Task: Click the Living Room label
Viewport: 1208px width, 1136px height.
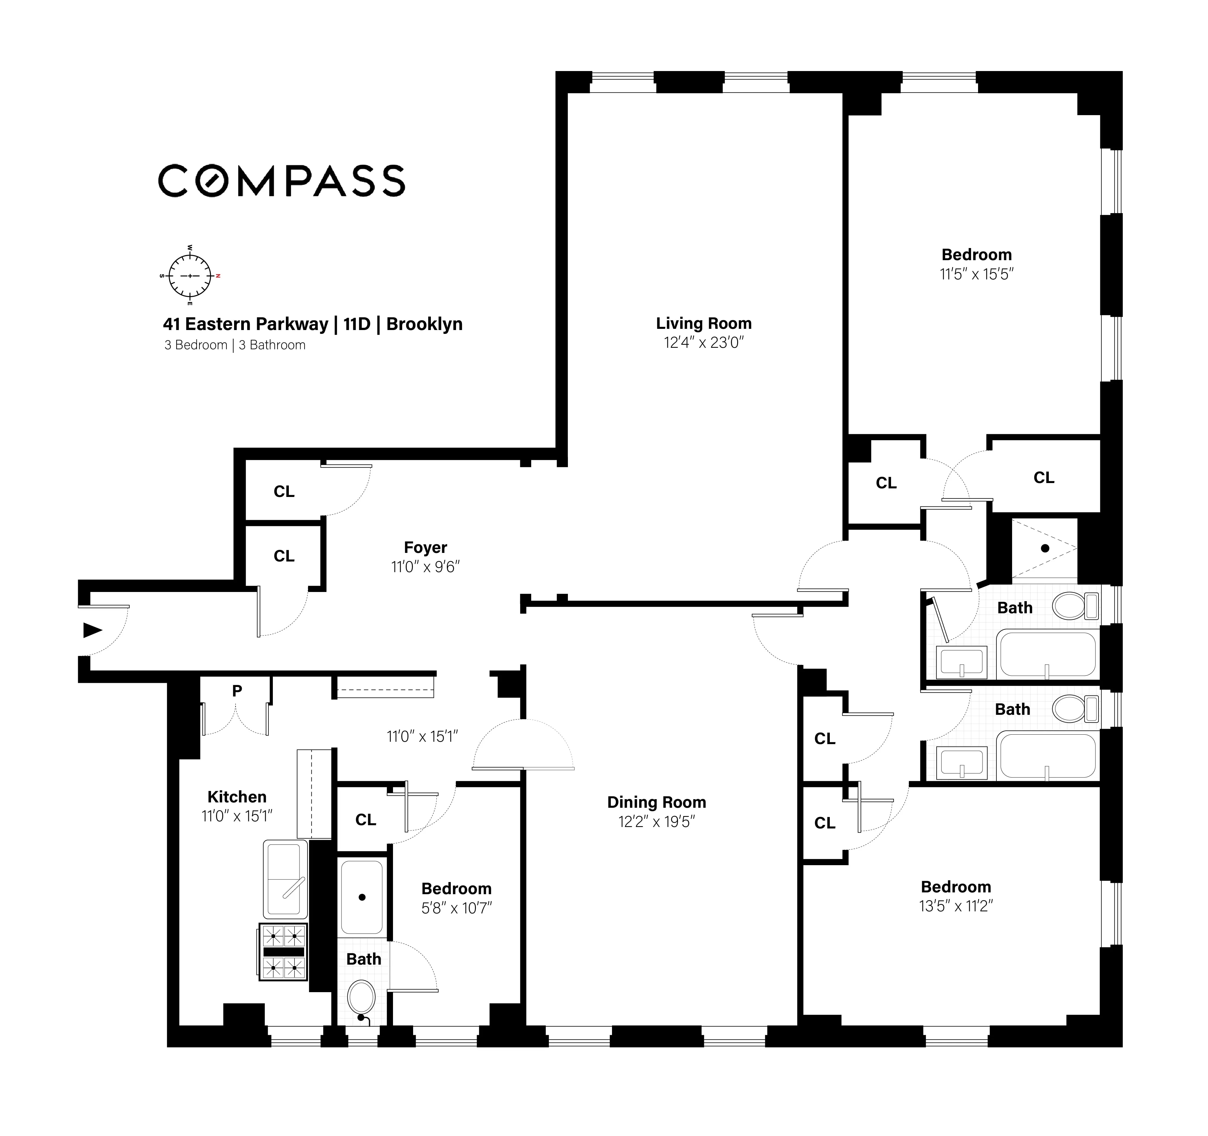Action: pos(704,323)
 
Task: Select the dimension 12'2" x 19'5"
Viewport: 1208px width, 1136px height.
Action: pos(656,822)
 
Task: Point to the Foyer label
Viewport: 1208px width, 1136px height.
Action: pos(425,548)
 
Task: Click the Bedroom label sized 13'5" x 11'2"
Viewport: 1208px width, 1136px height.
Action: pos(956,887)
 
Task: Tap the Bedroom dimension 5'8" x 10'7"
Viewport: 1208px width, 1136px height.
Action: pos(456,908)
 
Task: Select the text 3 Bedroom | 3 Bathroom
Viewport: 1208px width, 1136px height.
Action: pos(235,345)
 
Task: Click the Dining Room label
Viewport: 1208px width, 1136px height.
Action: pos(656,802)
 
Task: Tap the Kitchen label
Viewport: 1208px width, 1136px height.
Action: pos(237,797)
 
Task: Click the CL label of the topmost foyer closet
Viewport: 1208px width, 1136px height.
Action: pos(284,492)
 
